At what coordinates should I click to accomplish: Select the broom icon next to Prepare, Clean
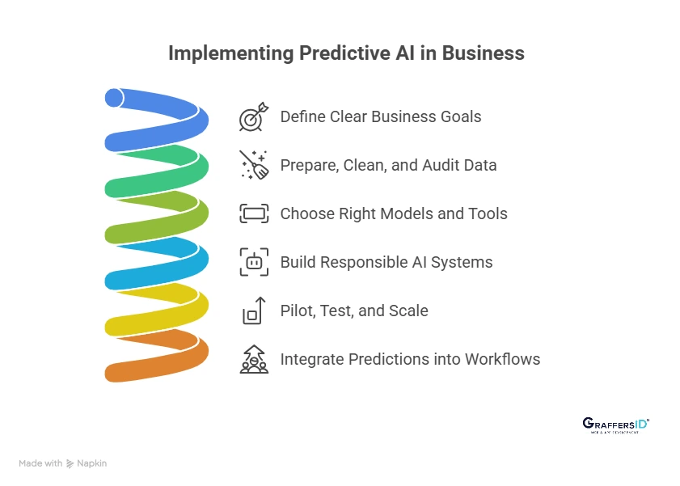pos(253,165)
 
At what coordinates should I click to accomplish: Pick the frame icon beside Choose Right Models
pos(254,214)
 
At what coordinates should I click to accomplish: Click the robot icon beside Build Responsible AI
pos(254,262)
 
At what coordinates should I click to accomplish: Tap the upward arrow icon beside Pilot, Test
pos(254,311)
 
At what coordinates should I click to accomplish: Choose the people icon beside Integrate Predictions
pos(254,359)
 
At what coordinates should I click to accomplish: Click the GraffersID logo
pos(615,425)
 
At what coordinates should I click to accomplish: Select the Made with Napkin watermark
pos(62,463)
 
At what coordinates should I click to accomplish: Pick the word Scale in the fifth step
pos(408,311)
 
